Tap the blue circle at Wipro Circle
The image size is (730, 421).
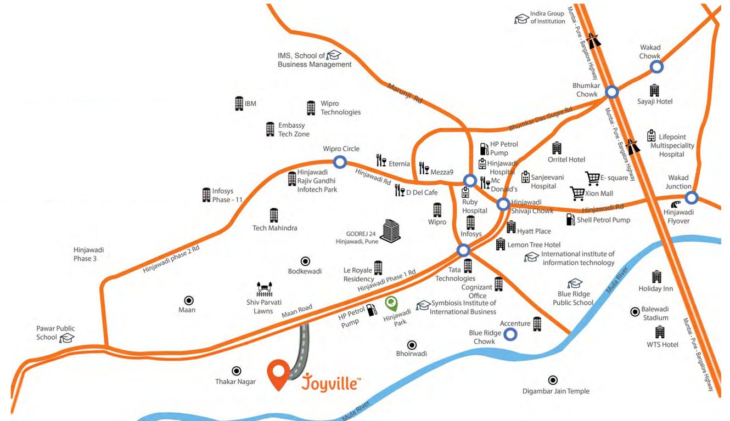pyautogui.click(x=340, y=162)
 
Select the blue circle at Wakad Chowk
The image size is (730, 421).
pyautogui.click(x=656, y=67)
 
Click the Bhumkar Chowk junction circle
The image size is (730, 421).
pyautogui.click(x=612, y=92)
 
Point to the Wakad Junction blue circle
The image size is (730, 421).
pyautogui.click(x=691, y=197)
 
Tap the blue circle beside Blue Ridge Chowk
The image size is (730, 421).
pyautogui.click(x=510, y=333)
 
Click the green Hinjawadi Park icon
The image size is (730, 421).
pyautogui.click(x=391, y=303)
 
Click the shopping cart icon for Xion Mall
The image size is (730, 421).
pyautogui.click(x=577, y=194)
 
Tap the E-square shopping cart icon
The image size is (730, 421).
pyautogui.click(x=592, y=178)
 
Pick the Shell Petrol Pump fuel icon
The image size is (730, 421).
pyautogui.click(x=570, y=220)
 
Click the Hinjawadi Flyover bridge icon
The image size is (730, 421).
pyautogui.click(x=671, y=204)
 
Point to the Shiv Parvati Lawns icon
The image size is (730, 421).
pyautogui.click(x=265, y=289)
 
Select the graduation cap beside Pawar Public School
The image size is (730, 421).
pyautogui.click(x=66, y=337)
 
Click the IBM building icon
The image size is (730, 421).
pyautogui.click(x=239, y=104)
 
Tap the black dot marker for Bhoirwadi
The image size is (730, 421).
pyautogui.click(x=412, y=345)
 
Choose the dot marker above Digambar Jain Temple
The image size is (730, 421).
pyautogui.click(x=553, y=380)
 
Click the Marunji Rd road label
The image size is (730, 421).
pyautogui.click(x=405, y=93)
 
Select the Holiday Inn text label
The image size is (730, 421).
pyautogui.click(x=655, y=289)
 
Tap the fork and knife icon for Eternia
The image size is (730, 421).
pyautogui.click(x=381, y=160)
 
